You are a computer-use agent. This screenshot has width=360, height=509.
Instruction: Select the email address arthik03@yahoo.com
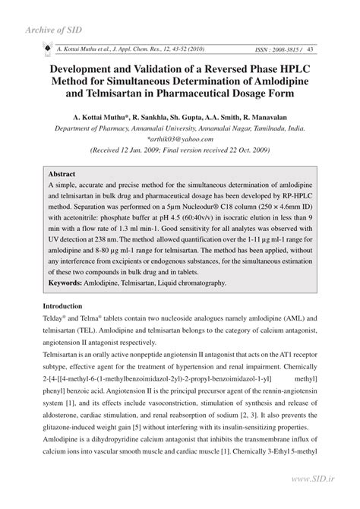pos(180,140)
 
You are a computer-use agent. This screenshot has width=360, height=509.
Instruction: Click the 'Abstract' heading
pos(61,174)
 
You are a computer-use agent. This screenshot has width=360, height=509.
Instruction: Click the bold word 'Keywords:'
pos(68,283)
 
